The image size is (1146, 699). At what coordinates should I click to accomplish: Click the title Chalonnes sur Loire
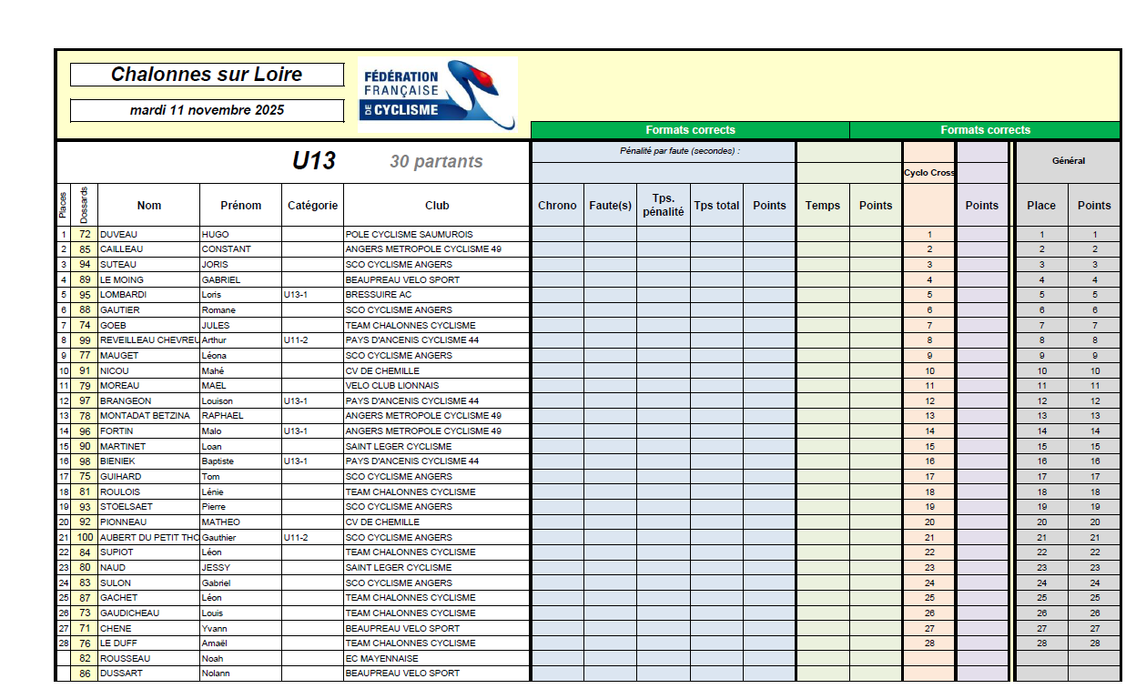207,75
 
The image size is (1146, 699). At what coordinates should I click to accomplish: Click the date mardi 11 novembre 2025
207,110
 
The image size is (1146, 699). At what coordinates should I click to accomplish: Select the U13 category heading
314,161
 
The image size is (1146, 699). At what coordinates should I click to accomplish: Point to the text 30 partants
436,162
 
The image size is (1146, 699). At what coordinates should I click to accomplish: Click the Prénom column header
240,205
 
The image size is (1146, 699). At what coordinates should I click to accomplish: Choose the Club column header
437,205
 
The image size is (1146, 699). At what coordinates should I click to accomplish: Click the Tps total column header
716,205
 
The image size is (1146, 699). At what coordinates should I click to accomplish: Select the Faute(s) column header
610,205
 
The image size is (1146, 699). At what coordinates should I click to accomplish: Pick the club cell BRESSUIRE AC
379,295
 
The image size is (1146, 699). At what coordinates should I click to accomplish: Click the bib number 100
85,537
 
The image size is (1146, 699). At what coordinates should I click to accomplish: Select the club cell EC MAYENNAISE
382,658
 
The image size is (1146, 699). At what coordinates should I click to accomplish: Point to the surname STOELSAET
127,507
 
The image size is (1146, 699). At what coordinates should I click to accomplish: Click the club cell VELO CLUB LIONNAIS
392,386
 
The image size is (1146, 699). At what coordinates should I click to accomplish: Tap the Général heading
1068,161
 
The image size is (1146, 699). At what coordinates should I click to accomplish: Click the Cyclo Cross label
929,173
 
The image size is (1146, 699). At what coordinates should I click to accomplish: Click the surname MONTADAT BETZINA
146,416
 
